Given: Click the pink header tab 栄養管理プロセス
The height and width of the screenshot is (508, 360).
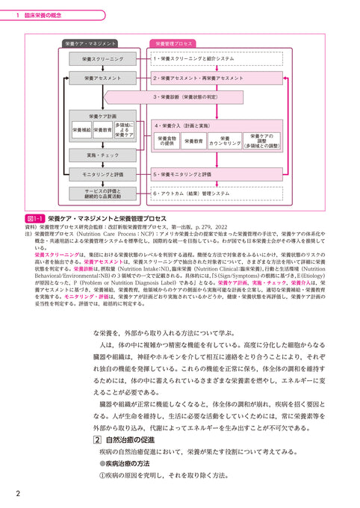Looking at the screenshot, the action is pyautogui.click(x=175, y=44).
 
